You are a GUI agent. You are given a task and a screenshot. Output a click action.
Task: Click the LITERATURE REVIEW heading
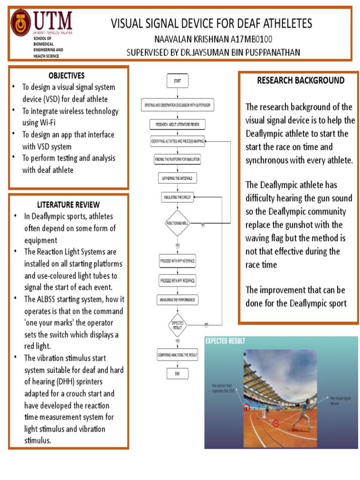click(68, 204)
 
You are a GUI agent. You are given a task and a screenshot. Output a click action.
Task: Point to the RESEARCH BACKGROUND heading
click(300, 80)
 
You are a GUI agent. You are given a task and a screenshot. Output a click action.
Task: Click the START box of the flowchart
click(178, 81)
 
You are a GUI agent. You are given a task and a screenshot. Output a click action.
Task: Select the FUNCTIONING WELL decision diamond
click(177, 224)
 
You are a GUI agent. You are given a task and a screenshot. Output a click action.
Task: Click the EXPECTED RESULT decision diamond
click(178, 325)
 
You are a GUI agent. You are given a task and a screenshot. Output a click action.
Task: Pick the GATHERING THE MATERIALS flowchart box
click(177, 179)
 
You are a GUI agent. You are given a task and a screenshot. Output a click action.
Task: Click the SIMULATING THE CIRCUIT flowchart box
click(177, 197)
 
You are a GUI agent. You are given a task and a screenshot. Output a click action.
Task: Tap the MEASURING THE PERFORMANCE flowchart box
click(177, 299)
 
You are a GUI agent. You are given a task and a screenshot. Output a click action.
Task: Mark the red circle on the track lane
click(276, 423)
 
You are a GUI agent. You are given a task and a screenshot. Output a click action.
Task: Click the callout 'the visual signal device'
click(340, 400)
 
